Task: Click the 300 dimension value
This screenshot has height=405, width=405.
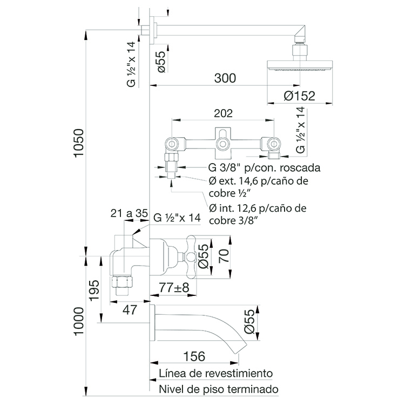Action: (x=225, y=78)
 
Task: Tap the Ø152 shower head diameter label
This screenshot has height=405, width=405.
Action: (x=299, y=96)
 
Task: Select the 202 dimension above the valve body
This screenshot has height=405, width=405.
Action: (x=223, y=113)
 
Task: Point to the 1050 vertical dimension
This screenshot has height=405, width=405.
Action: (x=79, y=143)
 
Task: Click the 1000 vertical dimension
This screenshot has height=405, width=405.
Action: (x=79, y=321)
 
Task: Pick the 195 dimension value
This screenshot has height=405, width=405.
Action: (x=94, y=290)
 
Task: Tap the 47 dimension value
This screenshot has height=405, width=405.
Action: (x=130, y=310)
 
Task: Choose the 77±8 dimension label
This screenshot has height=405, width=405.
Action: (x=174, y=287)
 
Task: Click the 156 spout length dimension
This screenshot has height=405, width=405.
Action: (x=194, y=356)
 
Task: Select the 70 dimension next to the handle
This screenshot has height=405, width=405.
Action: (x=224, y=255)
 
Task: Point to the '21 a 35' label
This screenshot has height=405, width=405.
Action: (x=129, y=213)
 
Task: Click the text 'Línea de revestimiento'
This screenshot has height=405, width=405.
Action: (x=215, y=373)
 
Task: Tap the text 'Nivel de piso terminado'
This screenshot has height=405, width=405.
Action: (x=219, y=389)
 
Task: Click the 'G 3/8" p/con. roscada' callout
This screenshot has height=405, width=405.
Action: (x=264, y=167)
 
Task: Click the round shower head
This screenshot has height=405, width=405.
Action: (x=300, y=65)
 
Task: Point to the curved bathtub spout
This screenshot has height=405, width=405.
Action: (x=201, y=328)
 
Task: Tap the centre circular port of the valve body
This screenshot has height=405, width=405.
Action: (x=222, y=144)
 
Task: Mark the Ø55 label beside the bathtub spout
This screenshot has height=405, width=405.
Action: (x=249, y=322)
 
